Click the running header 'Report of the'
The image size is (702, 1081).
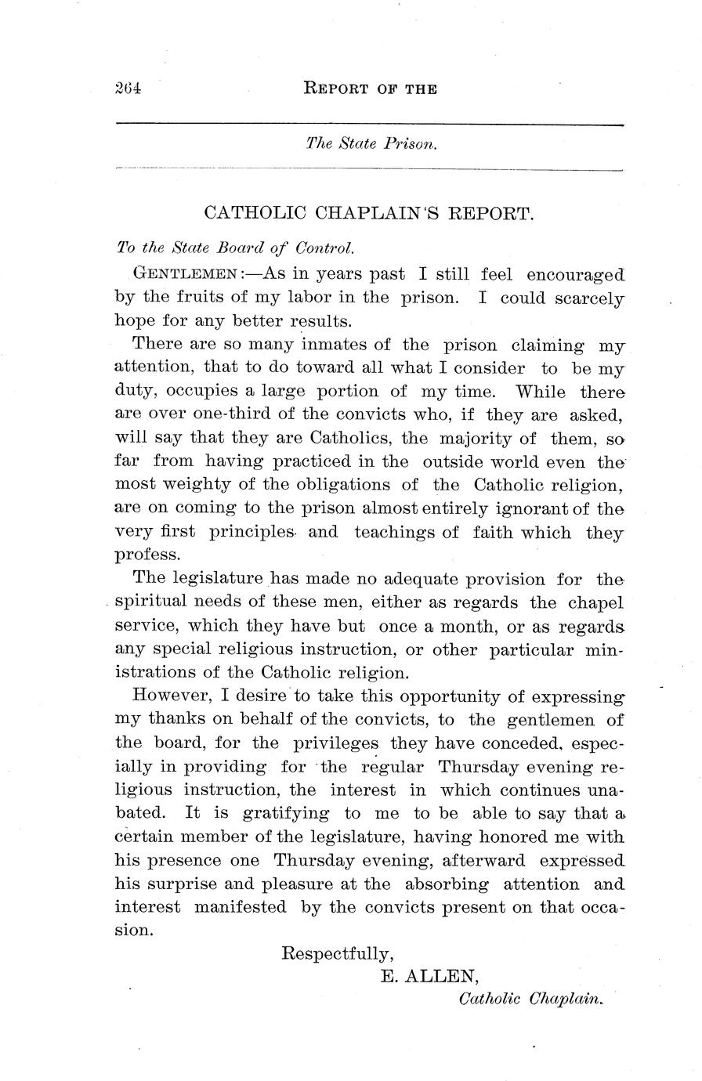pyautogui.click(x=370, y=89)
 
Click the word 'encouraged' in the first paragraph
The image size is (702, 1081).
pyautogui.click(x=575, y=274)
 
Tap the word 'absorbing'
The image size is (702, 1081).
pyautogui.click(x=447, y=884)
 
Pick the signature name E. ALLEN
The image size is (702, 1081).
pyautogui.click(x=429, y=976)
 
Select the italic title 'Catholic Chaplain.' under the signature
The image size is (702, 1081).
pyautogui.click(x=532, y=1000)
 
